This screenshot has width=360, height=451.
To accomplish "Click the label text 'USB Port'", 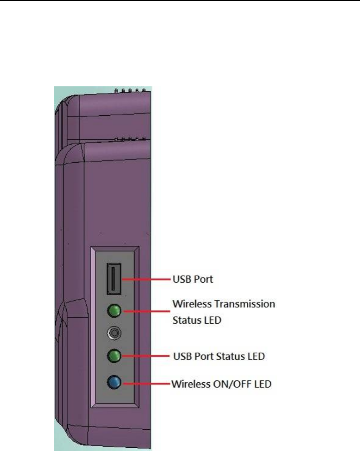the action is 193,279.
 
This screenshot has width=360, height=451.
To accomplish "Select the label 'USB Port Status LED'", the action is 219,356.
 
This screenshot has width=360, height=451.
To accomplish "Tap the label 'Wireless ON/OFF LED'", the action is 221,384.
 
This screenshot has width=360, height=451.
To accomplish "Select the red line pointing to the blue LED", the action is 147,384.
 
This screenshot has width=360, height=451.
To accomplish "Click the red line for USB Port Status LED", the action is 147,356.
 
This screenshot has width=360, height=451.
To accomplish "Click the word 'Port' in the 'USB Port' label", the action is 203,279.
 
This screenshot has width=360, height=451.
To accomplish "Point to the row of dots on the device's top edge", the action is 129,91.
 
